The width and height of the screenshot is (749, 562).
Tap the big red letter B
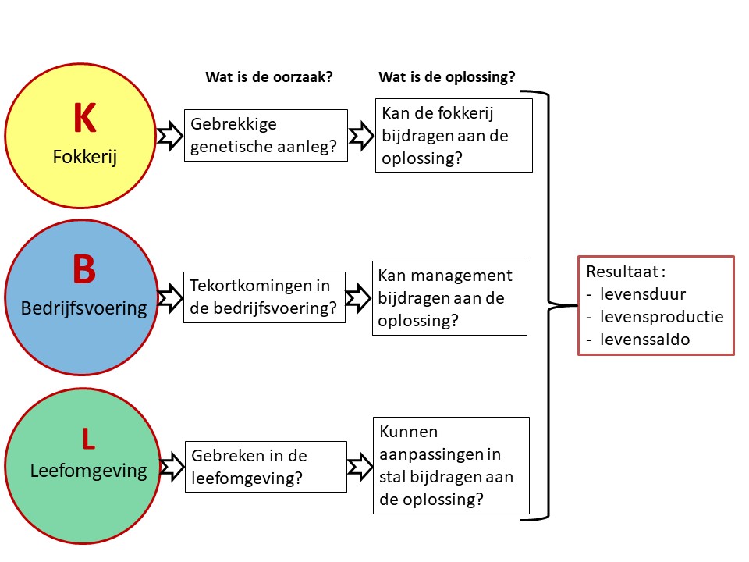tap(83, 269)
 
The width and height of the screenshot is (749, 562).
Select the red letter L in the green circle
tap(88, 439)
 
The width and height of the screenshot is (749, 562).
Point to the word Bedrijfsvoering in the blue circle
tap(83, 308)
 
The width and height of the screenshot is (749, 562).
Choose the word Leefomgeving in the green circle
tap(88, 471)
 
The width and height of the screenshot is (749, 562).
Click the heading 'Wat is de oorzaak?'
tap(269, 76)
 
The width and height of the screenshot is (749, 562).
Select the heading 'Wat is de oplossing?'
tap(446, 76)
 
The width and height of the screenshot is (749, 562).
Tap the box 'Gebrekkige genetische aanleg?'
tap(266, 135)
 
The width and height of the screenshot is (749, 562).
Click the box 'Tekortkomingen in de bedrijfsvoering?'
tap(265, 297)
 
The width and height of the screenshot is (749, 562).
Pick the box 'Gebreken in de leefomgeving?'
tap(266, 466)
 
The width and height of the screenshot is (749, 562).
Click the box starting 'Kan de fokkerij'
tap(453, 135)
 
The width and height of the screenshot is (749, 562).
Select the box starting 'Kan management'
tap(449, 297)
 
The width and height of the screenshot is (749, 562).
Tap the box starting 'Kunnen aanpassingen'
tap(452, 466)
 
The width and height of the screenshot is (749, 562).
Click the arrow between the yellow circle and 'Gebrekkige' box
tap(169, 136)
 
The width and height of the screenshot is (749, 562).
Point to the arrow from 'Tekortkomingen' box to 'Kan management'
tap(358, 297)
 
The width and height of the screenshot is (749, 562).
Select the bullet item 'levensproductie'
tap(662, 317)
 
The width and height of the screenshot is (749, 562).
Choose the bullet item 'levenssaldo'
tap(644, 339)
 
